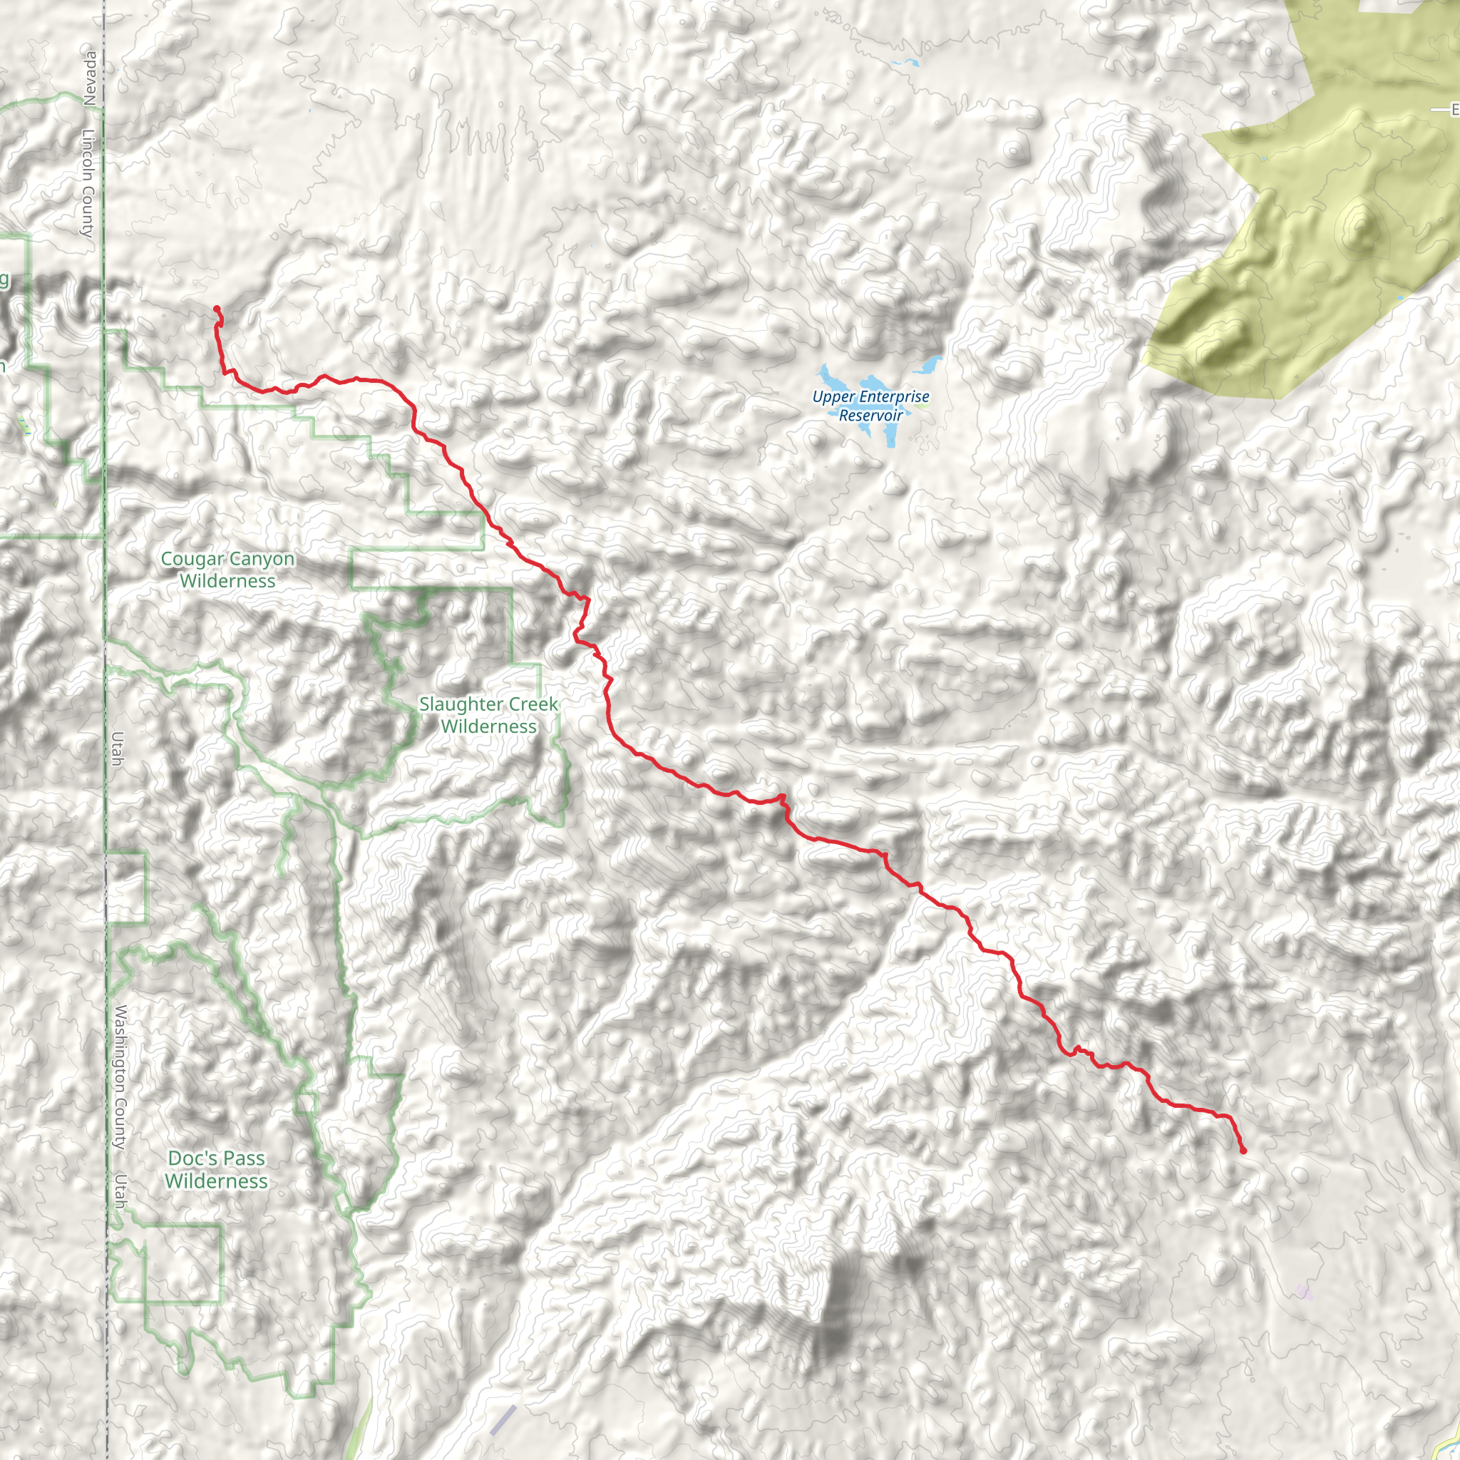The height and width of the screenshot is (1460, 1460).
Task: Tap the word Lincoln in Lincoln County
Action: (88, 155)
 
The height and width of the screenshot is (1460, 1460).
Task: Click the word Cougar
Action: (192, 559)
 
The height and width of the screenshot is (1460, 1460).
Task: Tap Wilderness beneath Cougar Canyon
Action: (227, 581)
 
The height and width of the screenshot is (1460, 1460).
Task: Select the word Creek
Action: (533, 704)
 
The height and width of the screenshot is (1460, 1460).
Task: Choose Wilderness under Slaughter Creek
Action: (489, 726)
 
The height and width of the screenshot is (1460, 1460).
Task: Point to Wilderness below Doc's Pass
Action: (216, 1181)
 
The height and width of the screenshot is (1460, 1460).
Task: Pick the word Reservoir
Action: (870, 415)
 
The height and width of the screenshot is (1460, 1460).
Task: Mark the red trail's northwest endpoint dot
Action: (217, 308)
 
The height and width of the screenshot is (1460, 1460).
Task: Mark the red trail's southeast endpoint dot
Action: (1243, 1151)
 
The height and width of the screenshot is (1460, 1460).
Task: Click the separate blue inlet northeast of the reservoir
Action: (930, 365)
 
